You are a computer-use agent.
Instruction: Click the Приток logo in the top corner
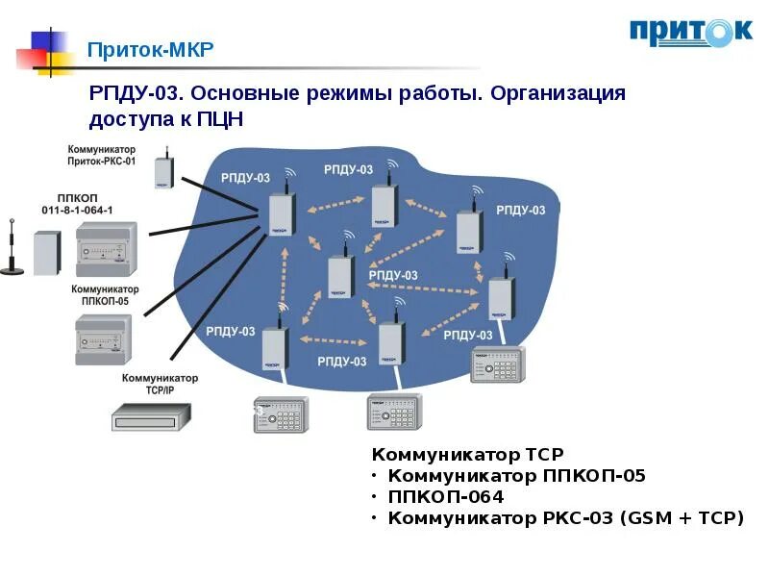[x=690, y=32]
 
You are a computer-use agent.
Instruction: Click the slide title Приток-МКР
[x=151, y=49]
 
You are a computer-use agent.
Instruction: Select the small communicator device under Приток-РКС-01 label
[x=163, y=172]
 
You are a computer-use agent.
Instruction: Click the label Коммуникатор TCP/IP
[x=159, y=384]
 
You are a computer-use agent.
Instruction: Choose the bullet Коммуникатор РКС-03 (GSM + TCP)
[x=565, y=518]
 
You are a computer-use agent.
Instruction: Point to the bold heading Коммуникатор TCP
[x=467, y=454]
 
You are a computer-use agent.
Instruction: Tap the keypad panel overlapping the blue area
[x=497, y=364]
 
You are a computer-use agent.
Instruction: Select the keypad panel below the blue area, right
[x=394, y=412]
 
